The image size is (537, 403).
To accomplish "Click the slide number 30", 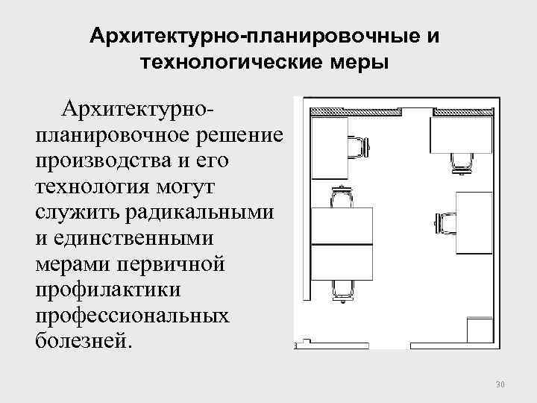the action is point(500,385).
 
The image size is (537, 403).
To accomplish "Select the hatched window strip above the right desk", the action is point(463,111).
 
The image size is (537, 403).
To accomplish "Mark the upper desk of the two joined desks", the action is point(342,225).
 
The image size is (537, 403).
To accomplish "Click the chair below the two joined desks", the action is point(341,289).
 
